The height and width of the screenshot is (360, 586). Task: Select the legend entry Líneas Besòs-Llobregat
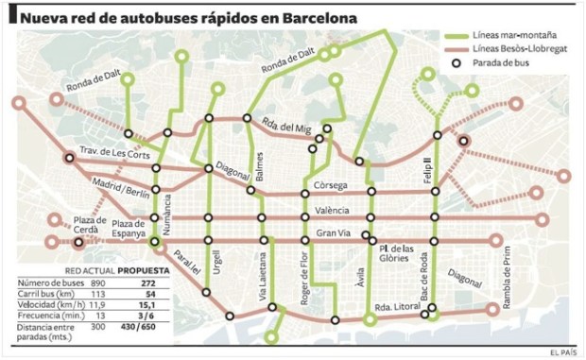[x=520, y=47]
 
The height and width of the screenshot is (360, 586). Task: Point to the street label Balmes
[x=260, y=162]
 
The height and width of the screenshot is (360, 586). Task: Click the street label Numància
[x=168, y=214]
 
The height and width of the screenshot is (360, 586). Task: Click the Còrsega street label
[x=331, y=185]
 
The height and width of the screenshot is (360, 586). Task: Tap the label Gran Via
[x=333, y=233]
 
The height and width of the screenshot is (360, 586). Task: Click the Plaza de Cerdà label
[x=75, y=226]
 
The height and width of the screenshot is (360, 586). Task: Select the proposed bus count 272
[x=146, y=283]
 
